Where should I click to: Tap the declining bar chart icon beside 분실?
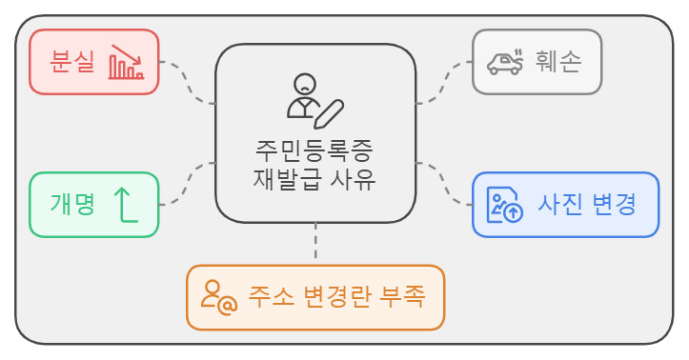pyautogui.click(x=125, y=62)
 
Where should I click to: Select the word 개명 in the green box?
pyautogui.click(x=72, y=204)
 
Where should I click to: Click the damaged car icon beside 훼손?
pyautogui.click(x=504, y=62)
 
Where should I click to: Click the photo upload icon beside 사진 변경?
pyautogui.click(x=504, y=205)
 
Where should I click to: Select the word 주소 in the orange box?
pyautogui.click(x=269, y=297)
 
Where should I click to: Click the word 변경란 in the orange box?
pyautogui.click(x=334, y=297)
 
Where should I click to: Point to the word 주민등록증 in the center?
pyautogui.click(x=314, y=150)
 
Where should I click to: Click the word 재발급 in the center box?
pyautogui.click(x=283, y=178)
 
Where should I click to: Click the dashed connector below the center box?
pyautogui.click(x=315, y=243)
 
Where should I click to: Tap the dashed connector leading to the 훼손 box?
pyautogui.click(x=444, y=80)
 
